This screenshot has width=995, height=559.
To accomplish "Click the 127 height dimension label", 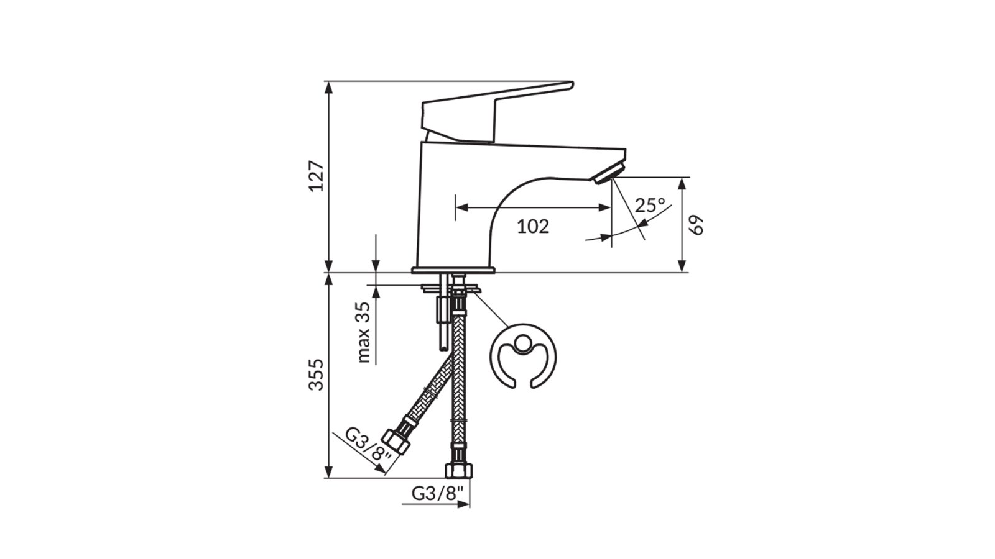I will click(x=317, y=176).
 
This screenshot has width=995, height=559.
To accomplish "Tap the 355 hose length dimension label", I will click(x=317, y=374).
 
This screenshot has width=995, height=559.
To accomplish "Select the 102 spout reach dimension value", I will click(x=533, y=227).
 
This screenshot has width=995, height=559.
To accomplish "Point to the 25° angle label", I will click(x=650, y=205).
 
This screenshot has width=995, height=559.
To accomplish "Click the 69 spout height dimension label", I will click(x=698, y=225).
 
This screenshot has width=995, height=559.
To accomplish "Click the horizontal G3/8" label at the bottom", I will click(x=438, y=493).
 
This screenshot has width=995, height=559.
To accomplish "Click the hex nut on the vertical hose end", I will click(x=458, y=470).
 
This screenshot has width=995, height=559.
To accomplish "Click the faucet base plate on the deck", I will click(x=453, y=270).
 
